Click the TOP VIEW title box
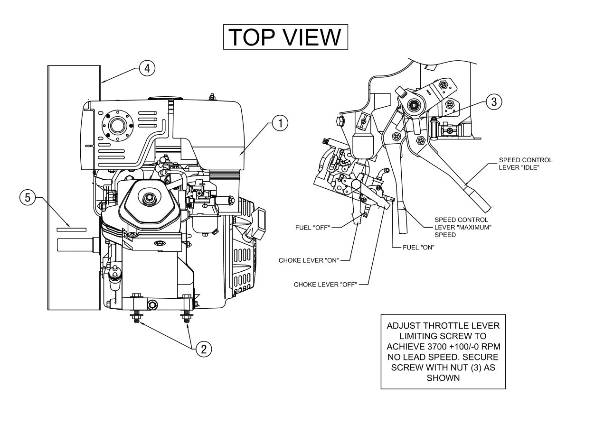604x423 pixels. click(286, 37)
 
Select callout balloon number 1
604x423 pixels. click(280, 124)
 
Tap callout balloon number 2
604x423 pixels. click(204, 349)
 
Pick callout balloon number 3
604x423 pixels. click(494, 101)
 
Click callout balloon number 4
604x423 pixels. click(147, 68)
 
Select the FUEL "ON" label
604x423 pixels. click(418, 247)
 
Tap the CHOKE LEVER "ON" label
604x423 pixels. click(308, 260)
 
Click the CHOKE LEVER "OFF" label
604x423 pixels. click(325, 285)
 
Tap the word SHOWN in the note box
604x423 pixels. click(443, 378)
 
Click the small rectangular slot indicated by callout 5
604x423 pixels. click(72, 229)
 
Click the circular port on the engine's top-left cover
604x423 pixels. click(116, 126)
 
